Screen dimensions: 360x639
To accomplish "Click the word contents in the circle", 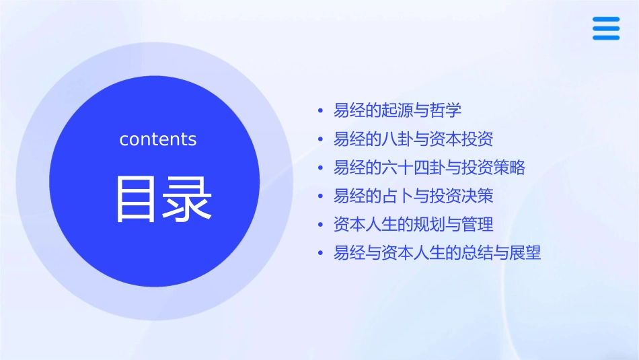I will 158,139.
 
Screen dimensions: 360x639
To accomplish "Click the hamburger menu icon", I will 606,28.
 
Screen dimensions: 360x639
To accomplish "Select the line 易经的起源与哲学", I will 398,110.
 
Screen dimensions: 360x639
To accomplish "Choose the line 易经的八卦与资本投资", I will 414,139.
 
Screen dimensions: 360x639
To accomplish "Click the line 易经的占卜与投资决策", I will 414,196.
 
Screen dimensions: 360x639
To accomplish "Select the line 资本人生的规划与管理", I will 414,224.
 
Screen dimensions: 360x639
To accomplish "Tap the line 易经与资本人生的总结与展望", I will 437,253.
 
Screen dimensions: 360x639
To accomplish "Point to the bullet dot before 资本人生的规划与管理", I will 321,225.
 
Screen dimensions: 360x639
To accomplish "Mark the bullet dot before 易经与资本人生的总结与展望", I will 321,254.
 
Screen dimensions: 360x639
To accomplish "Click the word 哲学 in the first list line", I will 446,110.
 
